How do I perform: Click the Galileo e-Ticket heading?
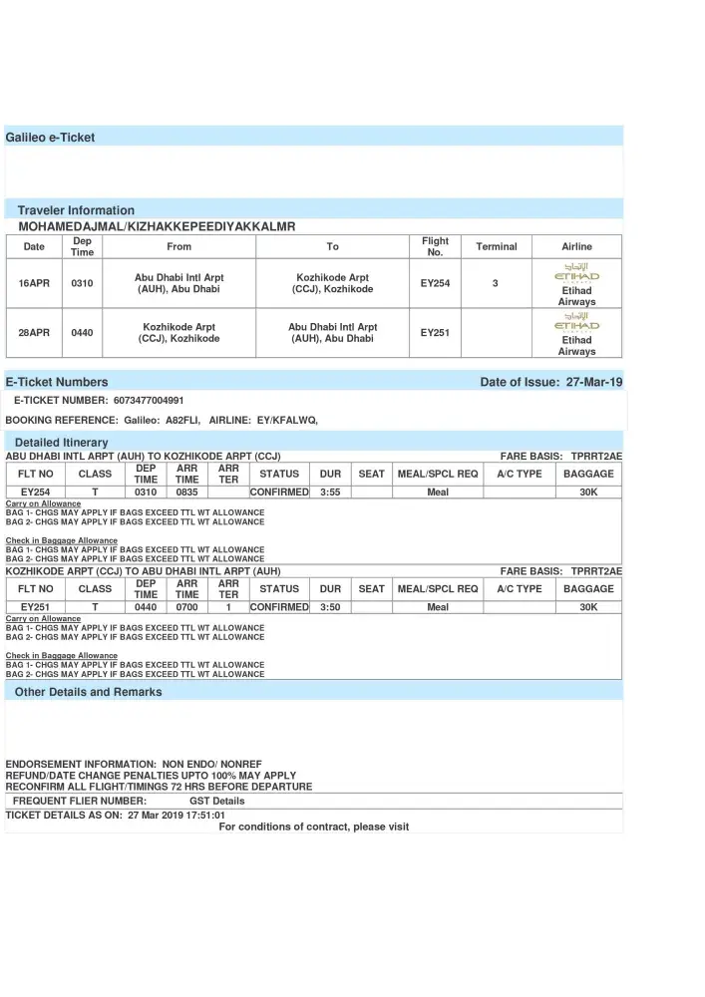[50, 138]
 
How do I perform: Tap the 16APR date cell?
[34, 284]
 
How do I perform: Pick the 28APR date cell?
[34, 333]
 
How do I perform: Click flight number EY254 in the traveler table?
[435, 284]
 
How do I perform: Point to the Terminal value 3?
[496, 284]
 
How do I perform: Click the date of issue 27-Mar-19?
[594, 382]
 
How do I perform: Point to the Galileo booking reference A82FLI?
[183, 421]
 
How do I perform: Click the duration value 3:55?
[330, 492]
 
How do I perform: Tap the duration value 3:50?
[330, 607]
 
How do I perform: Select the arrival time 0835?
[187, 492]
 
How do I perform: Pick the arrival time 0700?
[187, 607]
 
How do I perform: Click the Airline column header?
[576, 247]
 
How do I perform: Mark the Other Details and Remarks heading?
[88, 692]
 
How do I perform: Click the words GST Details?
[216, 801]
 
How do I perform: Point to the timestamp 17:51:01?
[205, 815]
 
